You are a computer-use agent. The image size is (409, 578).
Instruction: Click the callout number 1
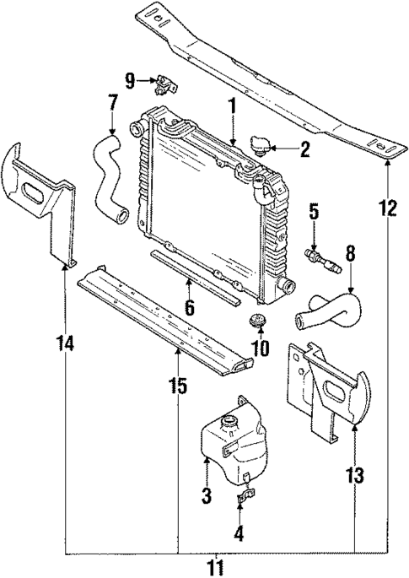(x=230, y=107)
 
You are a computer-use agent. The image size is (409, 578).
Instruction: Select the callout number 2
(x=305, y=151)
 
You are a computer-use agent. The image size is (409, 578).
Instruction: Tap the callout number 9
(x=129, y=81)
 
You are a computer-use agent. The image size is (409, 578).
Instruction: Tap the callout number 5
(x=313, y=209)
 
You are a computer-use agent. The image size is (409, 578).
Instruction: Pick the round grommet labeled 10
(x=258, y=322)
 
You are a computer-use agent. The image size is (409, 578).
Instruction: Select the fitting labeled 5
(x=320, y=256)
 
